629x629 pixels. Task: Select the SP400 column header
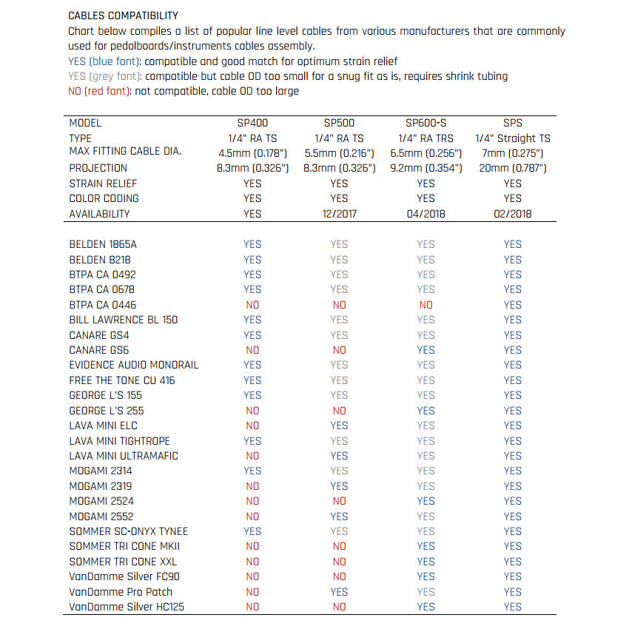[x=252, y=123]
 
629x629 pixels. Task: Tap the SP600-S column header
[x=425, y=123]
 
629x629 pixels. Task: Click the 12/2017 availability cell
[x=339, y=214]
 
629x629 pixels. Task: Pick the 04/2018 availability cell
[x=425, y=214]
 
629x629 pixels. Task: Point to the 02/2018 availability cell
[x=512, y=214]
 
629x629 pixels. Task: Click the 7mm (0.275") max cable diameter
[x=512, y=152]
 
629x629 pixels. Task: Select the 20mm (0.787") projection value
[x=512, y=168]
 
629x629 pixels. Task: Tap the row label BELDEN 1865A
[x=103, y=244]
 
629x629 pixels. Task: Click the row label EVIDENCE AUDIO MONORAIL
[x=134, y=365]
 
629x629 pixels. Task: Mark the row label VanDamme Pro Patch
[x=121, y=592]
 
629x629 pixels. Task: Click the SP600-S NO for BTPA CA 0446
[x=425, y=305]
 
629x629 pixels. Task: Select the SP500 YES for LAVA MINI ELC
[x=339, y=425]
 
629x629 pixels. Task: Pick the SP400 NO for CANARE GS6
[x=252, y=350]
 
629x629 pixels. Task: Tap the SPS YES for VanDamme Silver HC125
[x=512, y=607]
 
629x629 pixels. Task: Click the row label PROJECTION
[x=98, y=168]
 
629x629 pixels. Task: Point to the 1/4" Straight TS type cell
[x=512, y=138]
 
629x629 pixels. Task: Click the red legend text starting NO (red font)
[x=184, y=91]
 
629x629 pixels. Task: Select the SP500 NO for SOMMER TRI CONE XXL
[x=339, y=562]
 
